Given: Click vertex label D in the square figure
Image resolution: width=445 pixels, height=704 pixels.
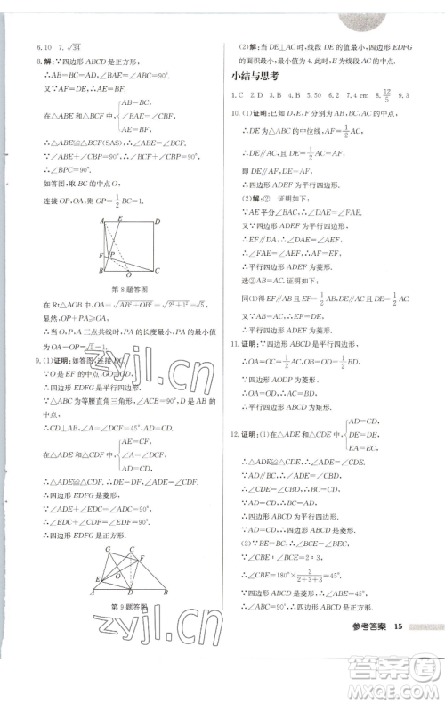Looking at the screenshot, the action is [158, 221].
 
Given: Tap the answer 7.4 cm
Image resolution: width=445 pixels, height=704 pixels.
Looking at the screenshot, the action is [360, 94].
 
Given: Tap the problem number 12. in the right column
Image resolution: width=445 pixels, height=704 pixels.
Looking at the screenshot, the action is [236, 421].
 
